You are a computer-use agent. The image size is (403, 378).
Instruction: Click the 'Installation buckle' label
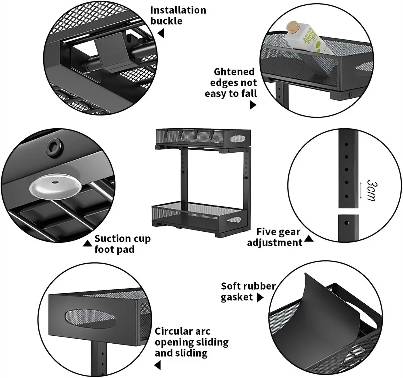tap(178, 15)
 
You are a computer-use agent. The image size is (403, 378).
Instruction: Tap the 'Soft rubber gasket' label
tap(248, 291)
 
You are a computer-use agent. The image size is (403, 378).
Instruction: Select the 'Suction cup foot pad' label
tap(122, 244)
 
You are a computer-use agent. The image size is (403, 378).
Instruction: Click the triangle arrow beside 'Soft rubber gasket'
tap(260, 298)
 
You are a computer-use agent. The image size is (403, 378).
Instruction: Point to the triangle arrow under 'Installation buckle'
tap(161, 34)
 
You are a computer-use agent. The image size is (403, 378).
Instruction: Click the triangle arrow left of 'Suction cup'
tap(88, 243)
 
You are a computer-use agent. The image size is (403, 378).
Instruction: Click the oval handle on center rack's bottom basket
tap(234, 220)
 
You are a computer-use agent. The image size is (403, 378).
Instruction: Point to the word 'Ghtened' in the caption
tap(234, 72)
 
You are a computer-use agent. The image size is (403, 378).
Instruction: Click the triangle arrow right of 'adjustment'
tap(309, 238)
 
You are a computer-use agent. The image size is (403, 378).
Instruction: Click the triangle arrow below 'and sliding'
tap(158, 365)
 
